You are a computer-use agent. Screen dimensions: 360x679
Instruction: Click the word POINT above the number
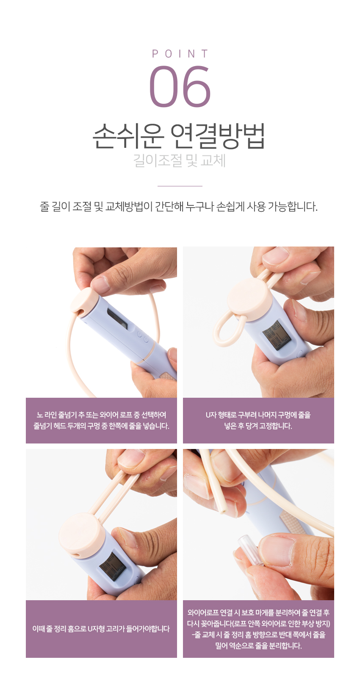coord(180,54)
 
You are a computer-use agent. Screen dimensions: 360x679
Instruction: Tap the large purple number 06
coord(180,86)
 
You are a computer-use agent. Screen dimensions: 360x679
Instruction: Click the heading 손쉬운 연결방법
coord(179,136)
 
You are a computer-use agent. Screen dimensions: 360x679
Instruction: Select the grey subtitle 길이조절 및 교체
coord(180,161)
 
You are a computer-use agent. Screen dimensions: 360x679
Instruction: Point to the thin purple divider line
coord(180,186)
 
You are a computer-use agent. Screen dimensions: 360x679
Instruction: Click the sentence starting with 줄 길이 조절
coord(179,207)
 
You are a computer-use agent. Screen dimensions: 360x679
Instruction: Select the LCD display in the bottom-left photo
coord(113,566)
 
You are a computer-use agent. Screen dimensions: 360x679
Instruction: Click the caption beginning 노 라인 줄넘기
coord(101,421)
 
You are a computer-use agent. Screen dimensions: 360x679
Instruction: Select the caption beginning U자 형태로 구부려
coord(258,421)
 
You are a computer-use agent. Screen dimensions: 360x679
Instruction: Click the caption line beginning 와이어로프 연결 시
coord(258,612)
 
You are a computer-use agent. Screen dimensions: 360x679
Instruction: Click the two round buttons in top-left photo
coord(143,337)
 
